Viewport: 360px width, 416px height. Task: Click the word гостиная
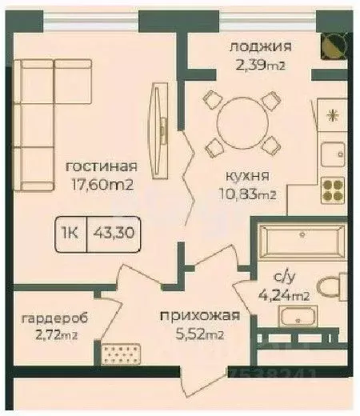pyautogui.click(x=101, y=167)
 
